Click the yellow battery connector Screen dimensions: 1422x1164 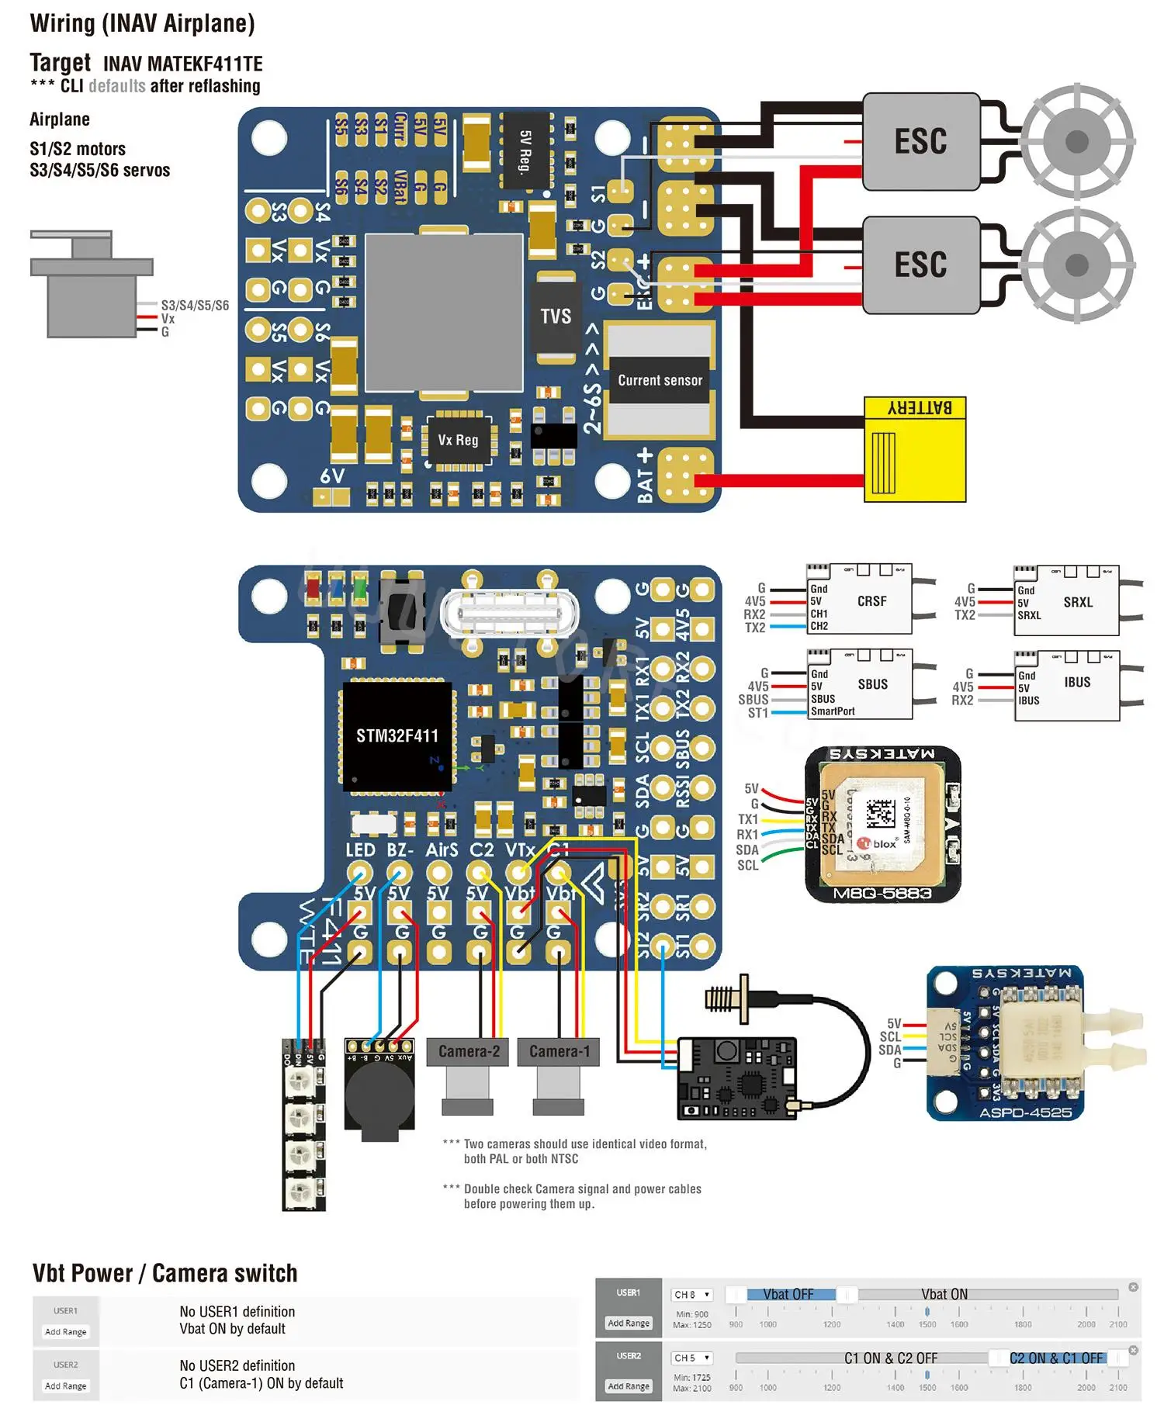click(915, 449)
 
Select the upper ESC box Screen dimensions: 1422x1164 click(920, 141)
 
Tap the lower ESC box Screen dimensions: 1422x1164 click(920, 265)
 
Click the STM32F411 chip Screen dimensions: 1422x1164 click(397, 735)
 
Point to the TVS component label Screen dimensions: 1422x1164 click(556, 317)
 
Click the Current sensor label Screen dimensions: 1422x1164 click(660, 380)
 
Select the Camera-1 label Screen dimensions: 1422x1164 click(559, 1051)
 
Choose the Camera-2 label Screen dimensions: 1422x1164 click(468, 1051)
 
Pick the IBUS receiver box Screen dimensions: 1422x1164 click(1066, 684)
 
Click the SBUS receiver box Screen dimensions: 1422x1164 click(860, 684)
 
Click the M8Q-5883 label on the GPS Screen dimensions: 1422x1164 click(882, 893)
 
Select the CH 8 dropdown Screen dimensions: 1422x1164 click(691, 1295)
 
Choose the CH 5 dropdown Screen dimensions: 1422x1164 click(691, 1358)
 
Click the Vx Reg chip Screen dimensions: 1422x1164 click(458, 440)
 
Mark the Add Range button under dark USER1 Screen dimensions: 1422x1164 click(629, 1323)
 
